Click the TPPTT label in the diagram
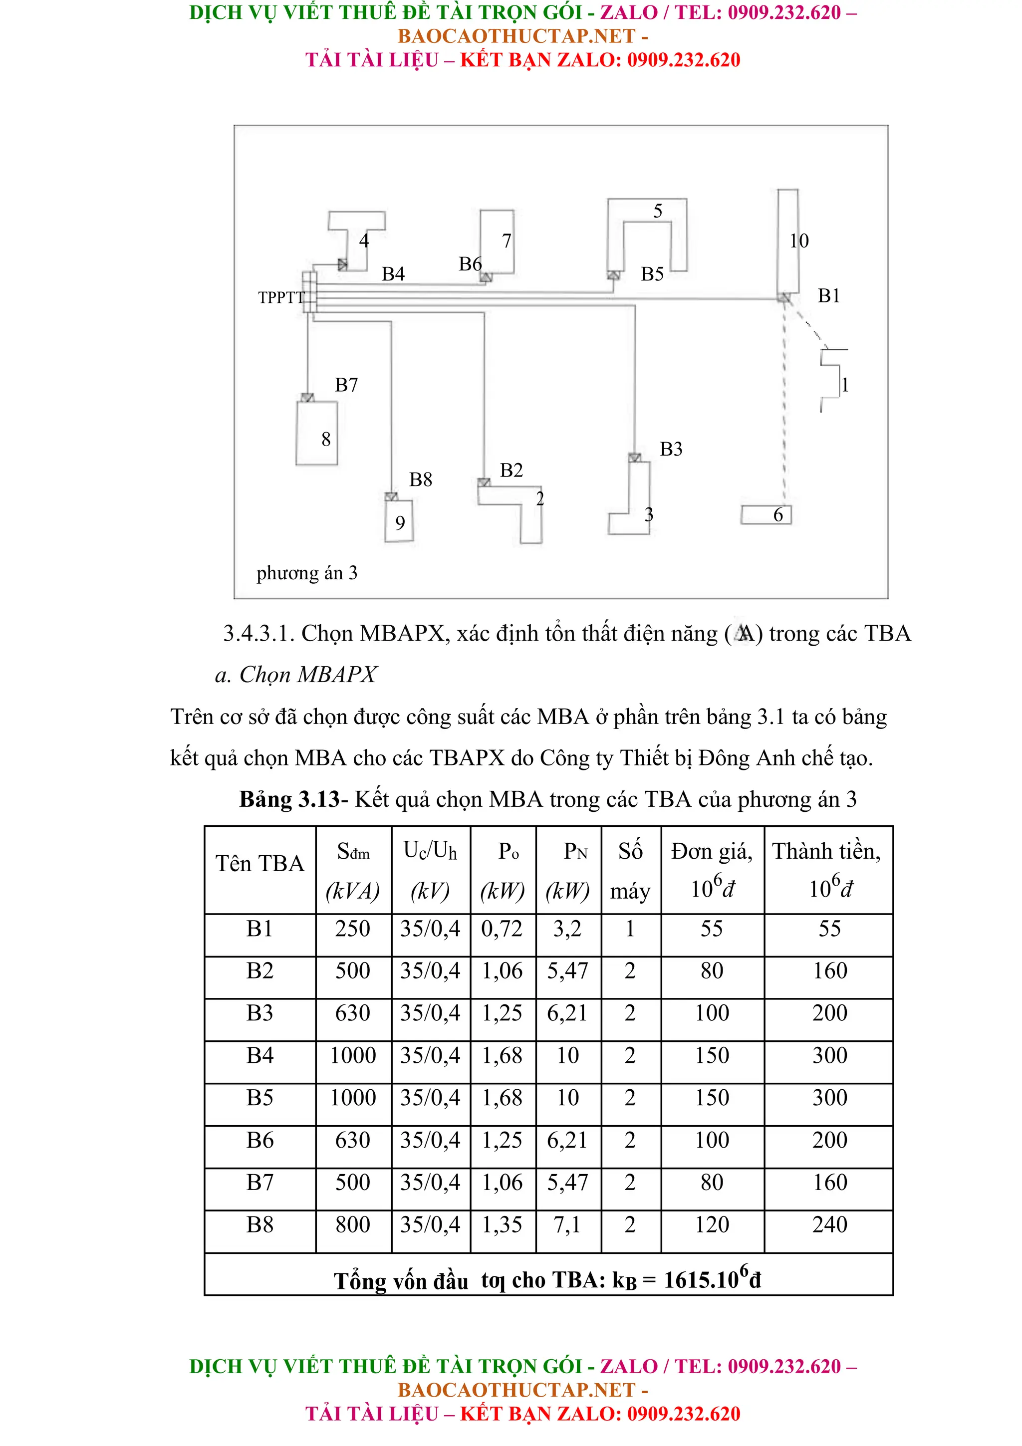pyautogui.click(x=281, y=297)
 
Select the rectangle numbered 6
pyautogui.click(x=765, y=514)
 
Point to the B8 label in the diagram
pyautogui.click(x=420, y=480)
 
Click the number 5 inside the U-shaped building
pyautogui.click(x=657, y=211)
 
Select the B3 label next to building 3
pyautogui.click(x=671, y=449)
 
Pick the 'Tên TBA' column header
pyautogui.click(x=259, y=863)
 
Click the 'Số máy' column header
pyautogui.click(x=630, y=870)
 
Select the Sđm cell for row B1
pyautogui.click(x=353, y=929)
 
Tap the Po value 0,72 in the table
pyautogui.click(x=502, y=929)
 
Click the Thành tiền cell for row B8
pyautogui.click(x=829, y=1224)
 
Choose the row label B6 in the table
pyautogui.click(x=259, y=1140)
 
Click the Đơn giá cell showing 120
pyautogui.click(x=712, y=1224)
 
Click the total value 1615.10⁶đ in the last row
pyautogui.click(x=712, y=1279)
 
